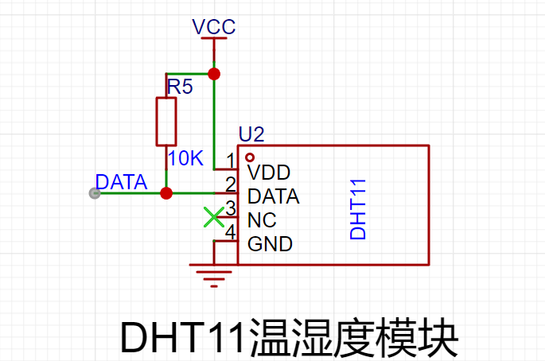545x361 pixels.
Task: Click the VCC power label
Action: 214,27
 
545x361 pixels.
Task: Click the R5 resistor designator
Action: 180,87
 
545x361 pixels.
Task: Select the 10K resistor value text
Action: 185,158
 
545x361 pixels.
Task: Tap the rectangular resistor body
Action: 166,122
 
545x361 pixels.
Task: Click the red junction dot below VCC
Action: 214,74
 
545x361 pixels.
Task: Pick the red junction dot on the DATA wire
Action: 166,193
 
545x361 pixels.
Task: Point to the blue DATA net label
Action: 121,182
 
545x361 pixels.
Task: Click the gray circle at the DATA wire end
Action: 95,193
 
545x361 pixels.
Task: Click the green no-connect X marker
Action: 214,217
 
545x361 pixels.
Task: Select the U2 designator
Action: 251,134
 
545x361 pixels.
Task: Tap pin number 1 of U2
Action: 231,161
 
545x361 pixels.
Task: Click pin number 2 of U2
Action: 231,184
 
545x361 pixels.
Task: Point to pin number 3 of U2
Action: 231,208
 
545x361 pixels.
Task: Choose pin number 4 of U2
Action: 231,231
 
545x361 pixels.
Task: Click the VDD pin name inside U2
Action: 269,173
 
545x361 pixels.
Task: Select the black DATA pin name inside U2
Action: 273,196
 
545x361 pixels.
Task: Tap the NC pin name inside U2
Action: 262,220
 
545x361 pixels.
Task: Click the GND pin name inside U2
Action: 270,244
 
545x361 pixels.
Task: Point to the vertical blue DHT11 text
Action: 358,209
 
